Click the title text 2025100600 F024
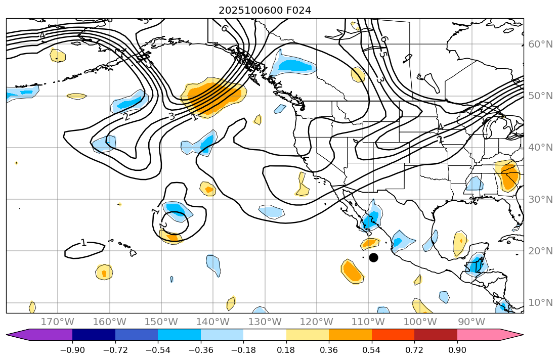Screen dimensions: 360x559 click(265, 10)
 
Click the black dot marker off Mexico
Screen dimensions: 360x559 click(373, 257)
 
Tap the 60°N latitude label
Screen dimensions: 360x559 click(540, 44)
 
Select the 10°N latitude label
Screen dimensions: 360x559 click(540, 302)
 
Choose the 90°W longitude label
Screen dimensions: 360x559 click(471, 322)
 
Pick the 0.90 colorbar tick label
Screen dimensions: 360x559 click(457, 350)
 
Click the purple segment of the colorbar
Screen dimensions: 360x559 click(46, 335)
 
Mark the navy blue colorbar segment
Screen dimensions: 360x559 click(94, 335)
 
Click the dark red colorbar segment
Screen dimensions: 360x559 click(436, 335)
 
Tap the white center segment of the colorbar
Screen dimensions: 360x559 click(265, 335)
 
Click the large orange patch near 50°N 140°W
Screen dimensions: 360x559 click(215, 97)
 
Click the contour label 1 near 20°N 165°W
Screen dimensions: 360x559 click(83, 243)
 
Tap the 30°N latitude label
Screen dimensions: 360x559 click(540, 199)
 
